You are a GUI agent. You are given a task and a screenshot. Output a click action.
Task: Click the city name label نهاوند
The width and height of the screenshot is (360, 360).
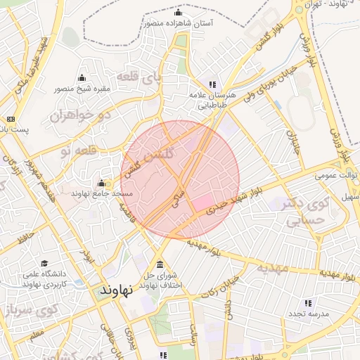(112, 289)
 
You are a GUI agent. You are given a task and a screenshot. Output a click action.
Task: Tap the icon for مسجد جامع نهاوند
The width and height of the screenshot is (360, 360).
(102, 182)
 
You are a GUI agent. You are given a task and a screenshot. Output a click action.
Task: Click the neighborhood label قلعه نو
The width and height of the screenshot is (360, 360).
(75, 150)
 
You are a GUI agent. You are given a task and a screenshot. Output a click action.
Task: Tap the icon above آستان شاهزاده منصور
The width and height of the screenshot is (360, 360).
(178, 13)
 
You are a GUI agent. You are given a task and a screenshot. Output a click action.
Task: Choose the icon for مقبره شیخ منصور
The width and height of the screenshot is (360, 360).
(82, 78)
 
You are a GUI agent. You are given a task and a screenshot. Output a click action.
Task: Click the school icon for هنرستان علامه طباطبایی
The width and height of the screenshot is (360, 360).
(212, 84)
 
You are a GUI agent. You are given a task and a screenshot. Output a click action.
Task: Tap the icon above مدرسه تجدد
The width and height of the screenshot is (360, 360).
(308, 304)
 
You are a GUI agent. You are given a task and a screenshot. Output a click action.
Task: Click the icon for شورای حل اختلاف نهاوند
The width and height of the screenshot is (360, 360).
(161, 264)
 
